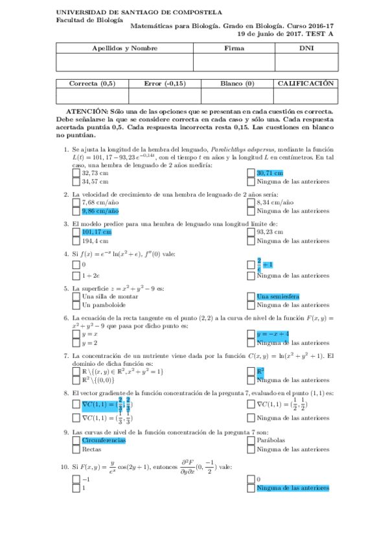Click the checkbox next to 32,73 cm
76,173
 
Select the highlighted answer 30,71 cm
269,173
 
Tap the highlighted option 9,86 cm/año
100,211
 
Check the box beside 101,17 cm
76,232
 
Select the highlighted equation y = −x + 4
273,333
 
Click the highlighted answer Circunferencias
103,440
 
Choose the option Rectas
92,449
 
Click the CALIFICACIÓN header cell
306,84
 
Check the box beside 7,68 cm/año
76,202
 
